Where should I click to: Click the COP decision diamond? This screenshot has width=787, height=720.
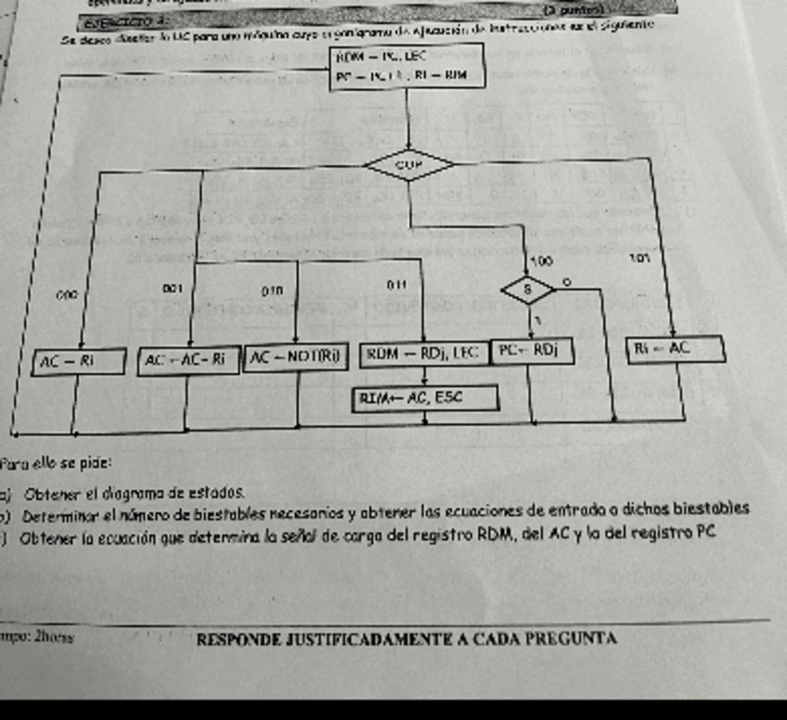pyautogui.click(x=409, y=166)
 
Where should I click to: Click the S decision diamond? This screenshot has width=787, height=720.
pyautogui.click(x=529, y=289)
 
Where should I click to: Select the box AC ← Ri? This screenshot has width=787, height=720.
pyautogui.click(x=78, y=360)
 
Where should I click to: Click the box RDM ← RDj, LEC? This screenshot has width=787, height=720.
pyautogui.click(x=422, y=353)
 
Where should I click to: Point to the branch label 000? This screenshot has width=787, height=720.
pyautogui.click(x=65, y=294)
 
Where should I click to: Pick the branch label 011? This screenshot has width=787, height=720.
pyautogui.click(x=395, y=281)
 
